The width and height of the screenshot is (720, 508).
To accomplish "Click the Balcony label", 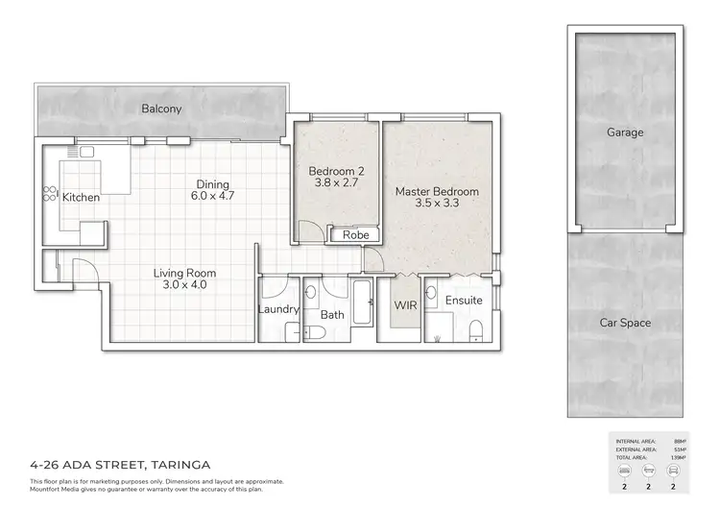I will coord(161,109).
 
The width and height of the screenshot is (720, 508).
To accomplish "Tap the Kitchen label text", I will coord(81,198).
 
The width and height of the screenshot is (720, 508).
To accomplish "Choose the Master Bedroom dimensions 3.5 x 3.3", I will coord(437,204).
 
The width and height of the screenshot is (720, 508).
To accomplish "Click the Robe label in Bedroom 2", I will coord(356,233).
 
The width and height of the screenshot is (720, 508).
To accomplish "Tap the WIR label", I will coord(405,305).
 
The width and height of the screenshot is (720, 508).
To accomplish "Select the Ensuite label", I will coord(463,301).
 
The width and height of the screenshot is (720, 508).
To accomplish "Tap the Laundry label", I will coord(278,310).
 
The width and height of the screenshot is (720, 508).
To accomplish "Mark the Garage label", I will coord(625,133).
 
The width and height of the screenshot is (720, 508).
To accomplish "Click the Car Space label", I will coord(625,323).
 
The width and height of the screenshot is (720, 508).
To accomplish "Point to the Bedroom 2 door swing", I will coord(310,231).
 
